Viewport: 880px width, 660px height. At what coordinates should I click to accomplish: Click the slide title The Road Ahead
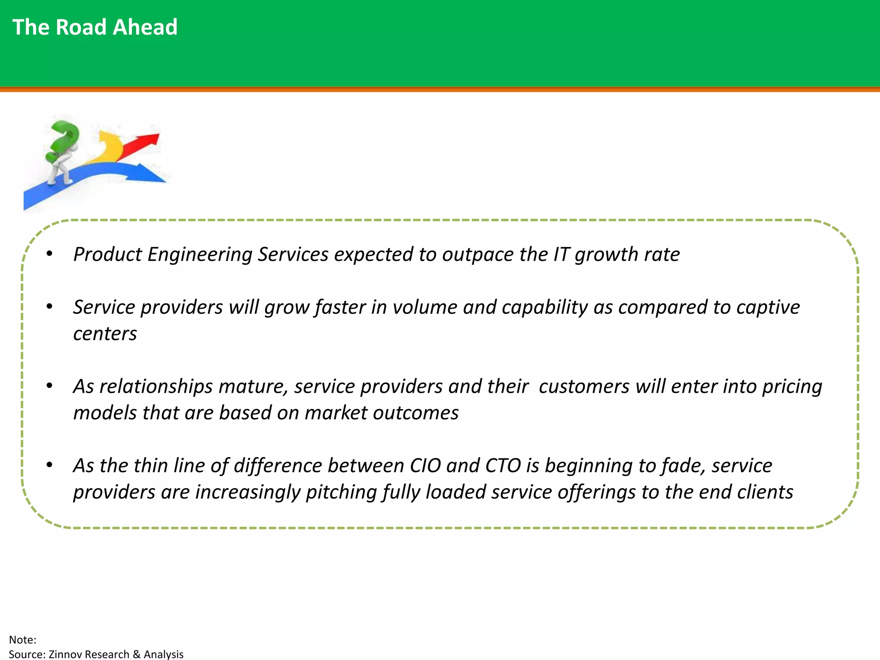coord(95,27)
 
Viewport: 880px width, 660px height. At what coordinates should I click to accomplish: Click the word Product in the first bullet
coord(107,254)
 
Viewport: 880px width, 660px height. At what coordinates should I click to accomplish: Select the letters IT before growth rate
coord(561,254)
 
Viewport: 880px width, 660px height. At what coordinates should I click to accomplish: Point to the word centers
coord(105,334)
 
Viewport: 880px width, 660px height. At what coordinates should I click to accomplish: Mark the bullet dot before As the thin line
coord(50,465)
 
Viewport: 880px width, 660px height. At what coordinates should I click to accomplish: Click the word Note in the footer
coord(21,640)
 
